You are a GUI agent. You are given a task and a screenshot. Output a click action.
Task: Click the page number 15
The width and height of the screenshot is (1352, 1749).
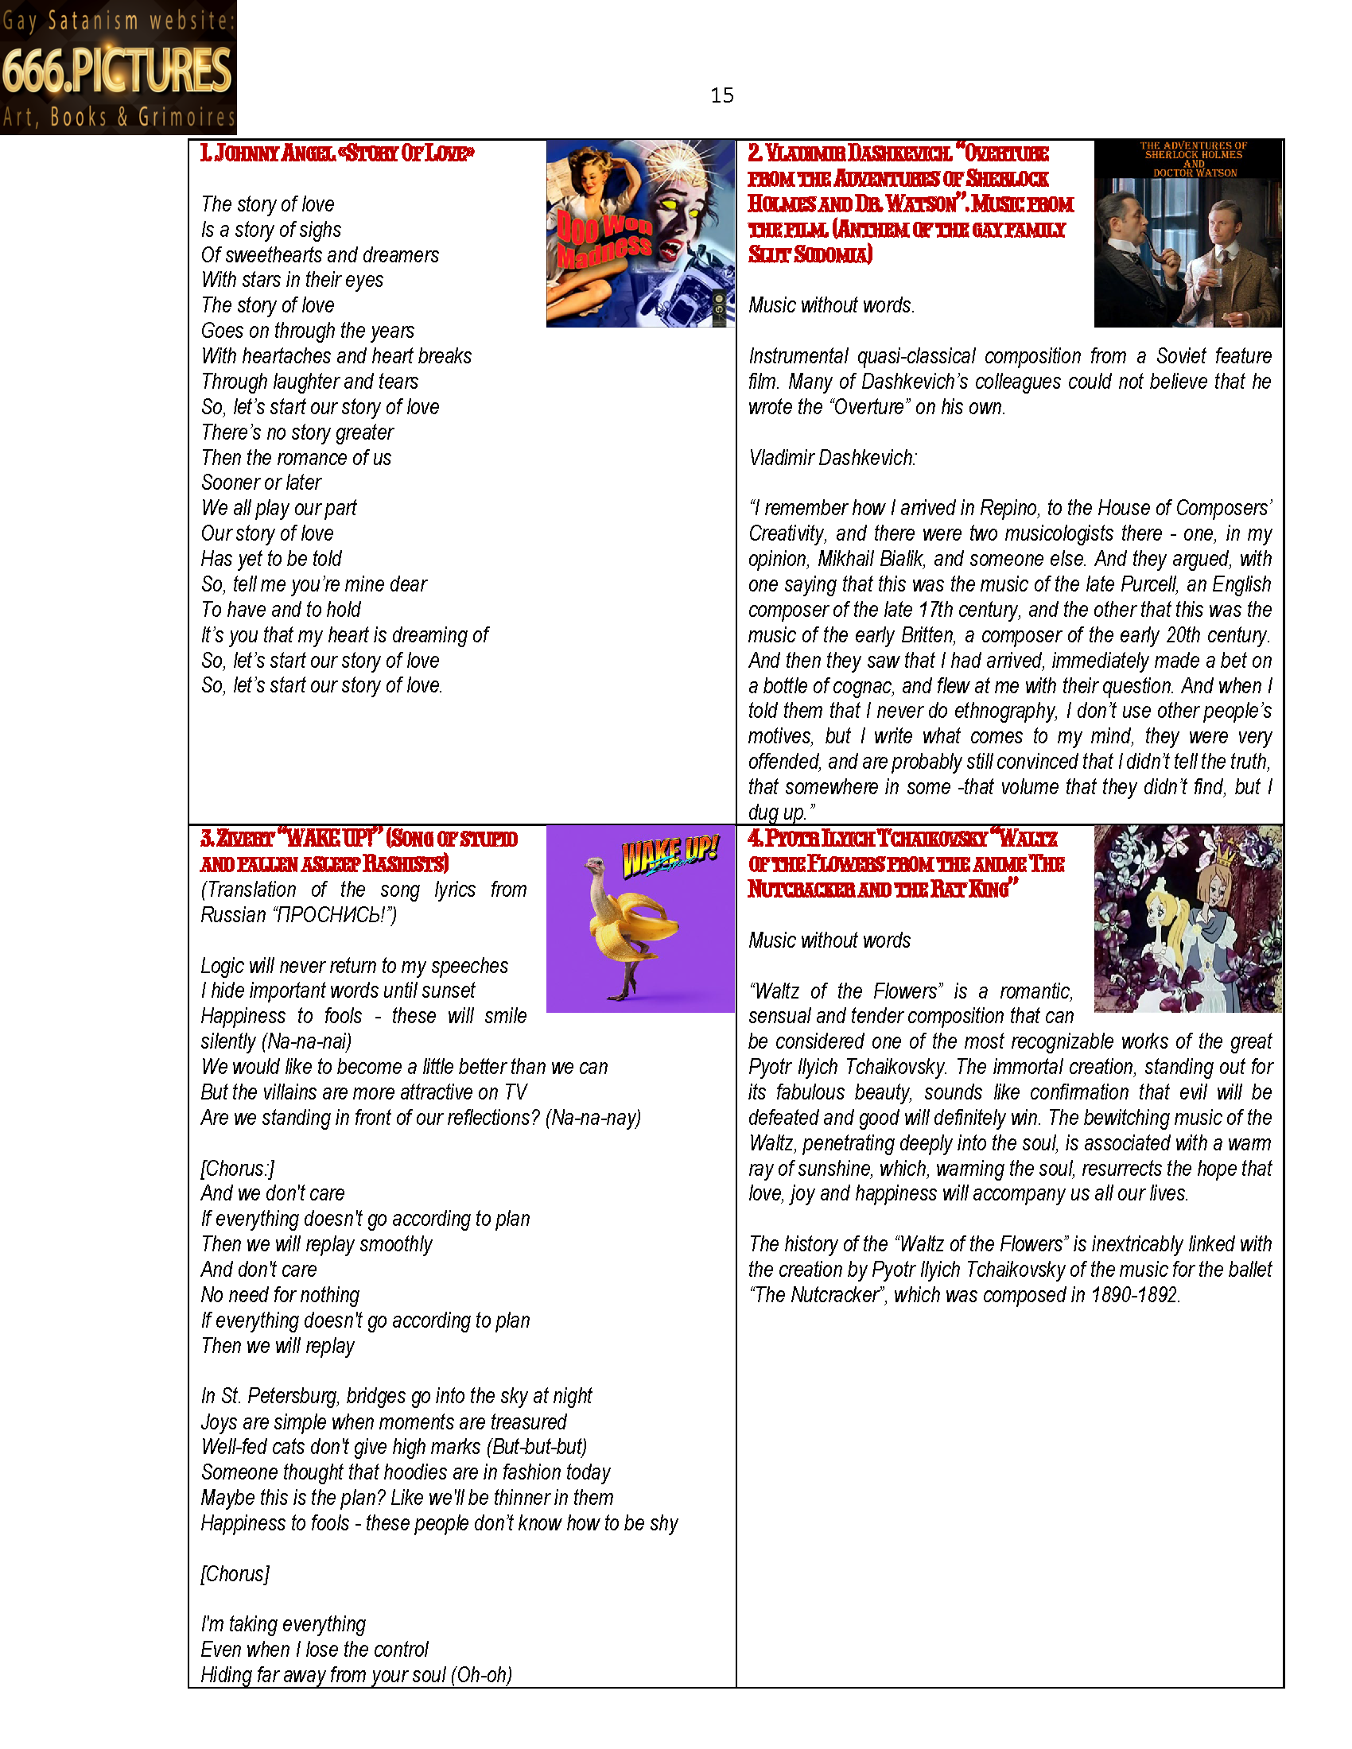click(721, 95)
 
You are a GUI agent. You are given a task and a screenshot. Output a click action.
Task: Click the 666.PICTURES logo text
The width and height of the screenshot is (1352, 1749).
click(117, 71)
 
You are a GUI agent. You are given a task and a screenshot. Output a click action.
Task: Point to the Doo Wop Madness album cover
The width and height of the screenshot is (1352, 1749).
click(640, 233)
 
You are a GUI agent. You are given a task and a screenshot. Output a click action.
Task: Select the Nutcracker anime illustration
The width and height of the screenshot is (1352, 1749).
click(1187, 918)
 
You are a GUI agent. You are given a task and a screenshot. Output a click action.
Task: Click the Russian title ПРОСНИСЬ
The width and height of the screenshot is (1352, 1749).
click(328, 915)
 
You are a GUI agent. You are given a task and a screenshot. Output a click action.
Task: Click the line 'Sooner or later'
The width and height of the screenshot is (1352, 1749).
click(261, 483)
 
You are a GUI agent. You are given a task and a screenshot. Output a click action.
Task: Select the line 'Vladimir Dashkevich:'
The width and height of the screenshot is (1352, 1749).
click(832, 458)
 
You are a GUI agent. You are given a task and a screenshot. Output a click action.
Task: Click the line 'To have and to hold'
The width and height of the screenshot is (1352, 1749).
click(281, 611)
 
